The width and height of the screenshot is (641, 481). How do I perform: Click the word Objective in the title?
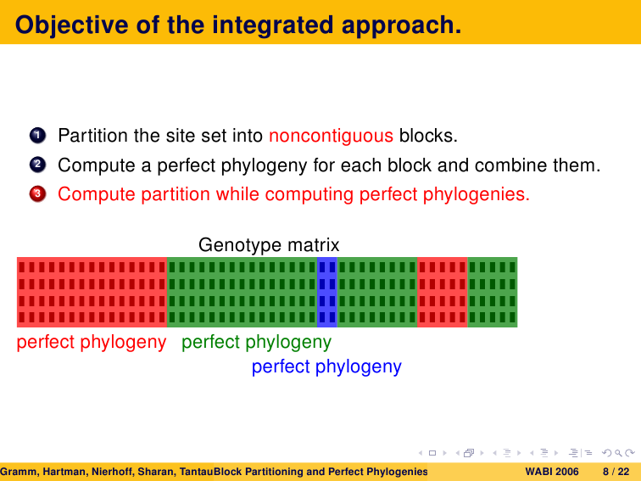click(72, 25)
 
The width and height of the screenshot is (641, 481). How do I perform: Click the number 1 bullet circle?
click(37, 135)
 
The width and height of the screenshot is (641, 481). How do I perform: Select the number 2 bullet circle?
click(37, 165)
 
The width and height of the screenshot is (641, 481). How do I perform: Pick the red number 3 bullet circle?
click(37, 194)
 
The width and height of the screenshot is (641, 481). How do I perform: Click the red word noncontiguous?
click(332, 136)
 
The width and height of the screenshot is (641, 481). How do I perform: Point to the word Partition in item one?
click(92, 136)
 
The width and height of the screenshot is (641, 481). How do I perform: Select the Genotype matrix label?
click(269, 245)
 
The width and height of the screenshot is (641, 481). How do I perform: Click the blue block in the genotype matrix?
click(327, 292)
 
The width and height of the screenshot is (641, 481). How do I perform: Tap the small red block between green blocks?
click(443, 292)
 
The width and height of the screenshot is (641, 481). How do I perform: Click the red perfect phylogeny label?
click(92, 342)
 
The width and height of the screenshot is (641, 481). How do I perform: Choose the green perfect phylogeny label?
click(256, 342)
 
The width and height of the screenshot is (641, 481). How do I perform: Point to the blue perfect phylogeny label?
click(326, 366)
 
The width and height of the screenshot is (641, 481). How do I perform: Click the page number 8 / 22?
click(616, 472)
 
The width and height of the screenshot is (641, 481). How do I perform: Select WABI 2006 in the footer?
click(552, 472)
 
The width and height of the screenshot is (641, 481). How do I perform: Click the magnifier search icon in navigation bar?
click(618, 453)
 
